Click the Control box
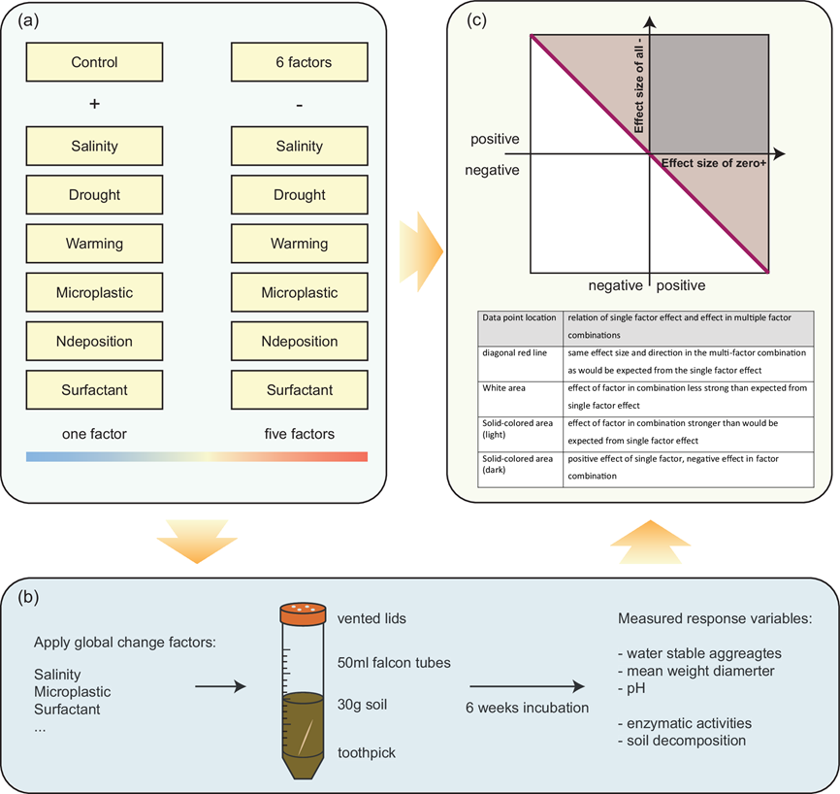click(94, 62)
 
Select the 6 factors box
click(300, 62)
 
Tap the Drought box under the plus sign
click(94, 194)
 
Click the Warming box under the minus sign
click(300, 244)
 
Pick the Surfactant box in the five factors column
click(300, 390)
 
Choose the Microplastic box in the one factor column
click(94, 292)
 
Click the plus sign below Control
click(94, 104)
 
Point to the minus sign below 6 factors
click(300, 106)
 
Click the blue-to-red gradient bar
click(197, 456)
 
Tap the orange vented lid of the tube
click(303, 613)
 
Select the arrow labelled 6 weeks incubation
click(527, 686)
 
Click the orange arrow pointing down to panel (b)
click(197, 542)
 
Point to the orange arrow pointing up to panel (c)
click(650, 542)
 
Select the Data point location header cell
click(520, 328)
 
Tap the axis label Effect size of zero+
click(714, 163)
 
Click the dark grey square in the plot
click(709, 94)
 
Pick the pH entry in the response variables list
click(631, 688)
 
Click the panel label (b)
click(28, 597)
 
